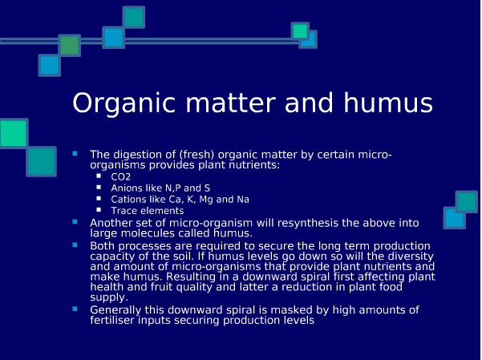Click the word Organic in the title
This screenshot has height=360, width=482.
[x=124, y=103]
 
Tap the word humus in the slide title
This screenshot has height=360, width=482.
[x=388, y=103]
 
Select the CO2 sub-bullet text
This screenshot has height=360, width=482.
[x=121, y=176]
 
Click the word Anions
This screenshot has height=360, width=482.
[x=127, y=188]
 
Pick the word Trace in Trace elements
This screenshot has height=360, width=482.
[x=124, y=211]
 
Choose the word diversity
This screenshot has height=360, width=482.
[x=411, y=256]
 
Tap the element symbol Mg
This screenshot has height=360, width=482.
[x=206, y=200]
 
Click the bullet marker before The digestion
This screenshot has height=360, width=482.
[x=75, y=153]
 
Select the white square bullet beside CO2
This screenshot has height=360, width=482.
[x=99, y=176]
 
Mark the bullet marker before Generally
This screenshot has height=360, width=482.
[x=75, y=309]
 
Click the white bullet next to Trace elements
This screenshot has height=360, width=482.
[x=99, y=210]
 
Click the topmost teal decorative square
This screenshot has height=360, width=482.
[x=134, y=17]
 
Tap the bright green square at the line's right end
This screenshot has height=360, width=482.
[x=300, y=30]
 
